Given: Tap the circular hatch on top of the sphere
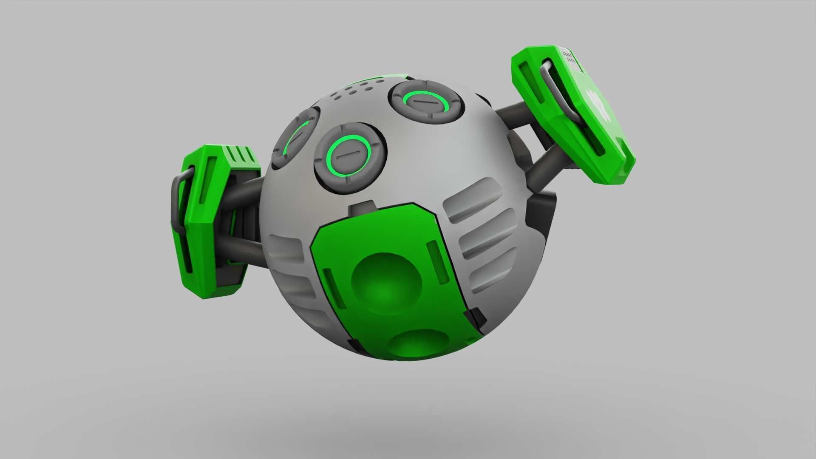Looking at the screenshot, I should coord(427,102).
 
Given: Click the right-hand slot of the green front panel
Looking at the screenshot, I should coord(438,261).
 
